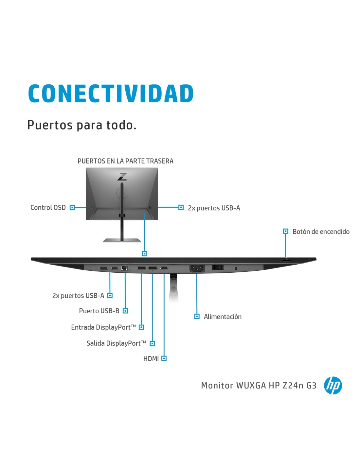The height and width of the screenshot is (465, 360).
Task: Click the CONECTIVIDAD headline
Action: tap(111, 94)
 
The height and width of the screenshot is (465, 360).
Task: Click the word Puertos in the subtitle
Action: tap(50, 125)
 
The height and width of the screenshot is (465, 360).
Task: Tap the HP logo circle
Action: tap(333, 385)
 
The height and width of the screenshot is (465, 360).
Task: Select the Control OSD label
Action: tap(48, 208)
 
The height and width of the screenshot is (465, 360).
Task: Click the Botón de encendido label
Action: tap(321, 232)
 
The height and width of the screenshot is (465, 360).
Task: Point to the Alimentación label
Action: tap(223, 317)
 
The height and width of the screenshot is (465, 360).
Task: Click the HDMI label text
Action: tap(151, 359)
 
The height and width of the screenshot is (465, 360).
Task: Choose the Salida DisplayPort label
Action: tap(116, 343)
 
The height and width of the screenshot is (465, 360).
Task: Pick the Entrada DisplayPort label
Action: tap(103, 327)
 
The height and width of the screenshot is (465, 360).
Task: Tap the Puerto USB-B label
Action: tap(99, 311)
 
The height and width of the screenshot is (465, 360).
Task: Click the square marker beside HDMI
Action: tap(164, 358)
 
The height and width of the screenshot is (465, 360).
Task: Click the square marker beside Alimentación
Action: tap(197, 316)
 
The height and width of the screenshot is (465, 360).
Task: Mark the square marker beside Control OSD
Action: tap(72, 208)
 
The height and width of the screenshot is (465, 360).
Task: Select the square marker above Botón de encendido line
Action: tap(285, 231)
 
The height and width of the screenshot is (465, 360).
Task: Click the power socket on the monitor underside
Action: tap(197, 268)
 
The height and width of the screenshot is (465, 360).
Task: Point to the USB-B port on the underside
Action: tap(124, 268)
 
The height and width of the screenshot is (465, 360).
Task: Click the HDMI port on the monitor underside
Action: tap(164, 268)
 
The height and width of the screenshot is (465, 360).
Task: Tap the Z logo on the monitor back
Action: tap(122, 177)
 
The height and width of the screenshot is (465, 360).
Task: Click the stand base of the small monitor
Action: tap(122, 240)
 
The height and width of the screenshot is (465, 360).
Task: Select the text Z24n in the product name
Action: tap(293, 386)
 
